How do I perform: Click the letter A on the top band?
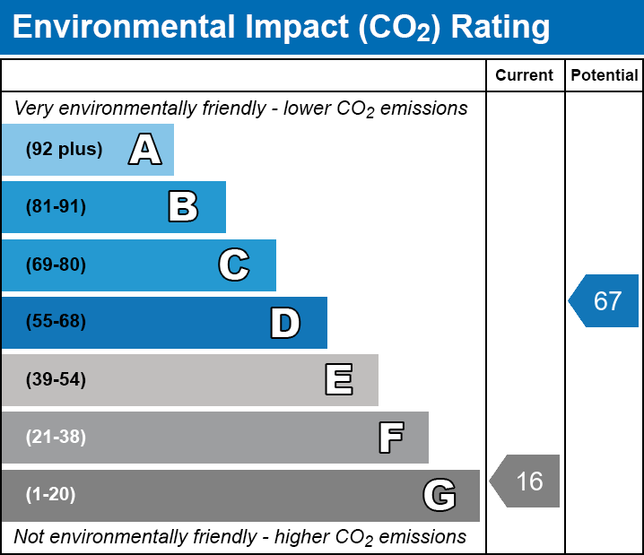(x=144, y=150)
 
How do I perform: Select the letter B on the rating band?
(x=183, y=207)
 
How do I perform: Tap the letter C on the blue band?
(x=234, y=264)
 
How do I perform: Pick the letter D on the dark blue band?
(x=285, y=323)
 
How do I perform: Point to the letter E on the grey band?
(x=338, y=380)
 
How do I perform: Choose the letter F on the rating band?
(x=390, y=438)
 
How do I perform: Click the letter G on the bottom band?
(x=439, y=495)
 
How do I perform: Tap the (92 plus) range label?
(x=64, y=150)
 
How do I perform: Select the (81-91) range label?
(x=56, y=207)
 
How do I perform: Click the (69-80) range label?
(x=56, y=264)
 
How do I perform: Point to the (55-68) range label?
(x=56, y=322)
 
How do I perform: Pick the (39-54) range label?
(x=56, y=380)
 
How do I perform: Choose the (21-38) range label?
(x=56, y=438)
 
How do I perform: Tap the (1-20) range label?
(x=51, y=495)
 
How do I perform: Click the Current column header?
(x=525, y=75)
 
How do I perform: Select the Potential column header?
(x=605, y=75)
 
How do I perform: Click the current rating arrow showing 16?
(x=527, y=481)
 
